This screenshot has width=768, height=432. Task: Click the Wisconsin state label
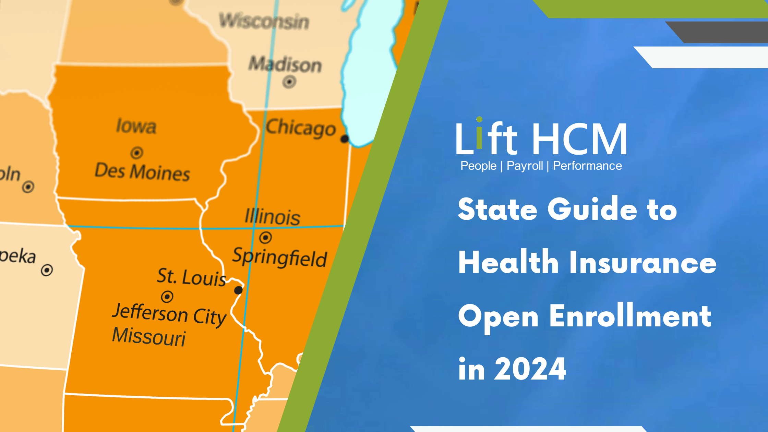(264, 21)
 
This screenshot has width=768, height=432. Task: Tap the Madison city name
(285, 64)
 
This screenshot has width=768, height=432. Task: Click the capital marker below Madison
(289, 82)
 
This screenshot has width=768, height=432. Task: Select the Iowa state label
(136, 126)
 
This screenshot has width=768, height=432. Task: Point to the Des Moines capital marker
(137, 153)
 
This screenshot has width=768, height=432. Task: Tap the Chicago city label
(300, 128)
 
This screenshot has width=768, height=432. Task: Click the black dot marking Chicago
(345, 139)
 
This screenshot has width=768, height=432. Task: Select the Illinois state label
(272, 217)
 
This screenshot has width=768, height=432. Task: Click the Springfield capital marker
(265, 237)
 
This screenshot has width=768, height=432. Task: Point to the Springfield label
(279, 257)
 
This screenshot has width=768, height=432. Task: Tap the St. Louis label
(191, 277)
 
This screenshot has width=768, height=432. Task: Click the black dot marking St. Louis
(238, 290)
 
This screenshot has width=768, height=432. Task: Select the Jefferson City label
(169, 314)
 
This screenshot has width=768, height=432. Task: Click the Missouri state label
(149, 337)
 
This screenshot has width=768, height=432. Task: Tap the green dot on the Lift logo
(479, 119)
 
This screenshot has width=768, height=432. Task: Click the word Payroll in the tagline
(525, 166)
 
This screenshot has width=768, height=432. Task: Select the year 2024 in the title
(530, 369)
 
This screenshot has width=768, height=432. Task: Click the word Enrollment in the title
(630, 316)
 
